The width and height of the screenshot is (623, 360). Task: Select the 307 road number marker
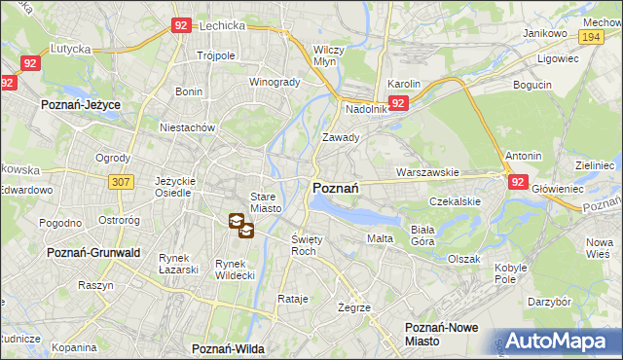tap(121, 182)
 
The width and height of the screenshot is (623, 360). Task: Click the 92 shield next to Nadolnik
tap(398, 102)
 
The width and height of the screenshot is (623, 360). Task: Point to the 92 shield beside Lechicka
tap(181, 26)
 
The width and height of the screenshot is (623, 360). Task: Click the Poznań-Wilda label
tap(229, 347)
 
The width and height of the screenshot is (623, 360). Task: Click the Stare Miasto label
tap(266, 202)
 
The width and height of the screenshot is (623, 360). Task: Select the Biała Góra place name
tap(421, 234)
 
